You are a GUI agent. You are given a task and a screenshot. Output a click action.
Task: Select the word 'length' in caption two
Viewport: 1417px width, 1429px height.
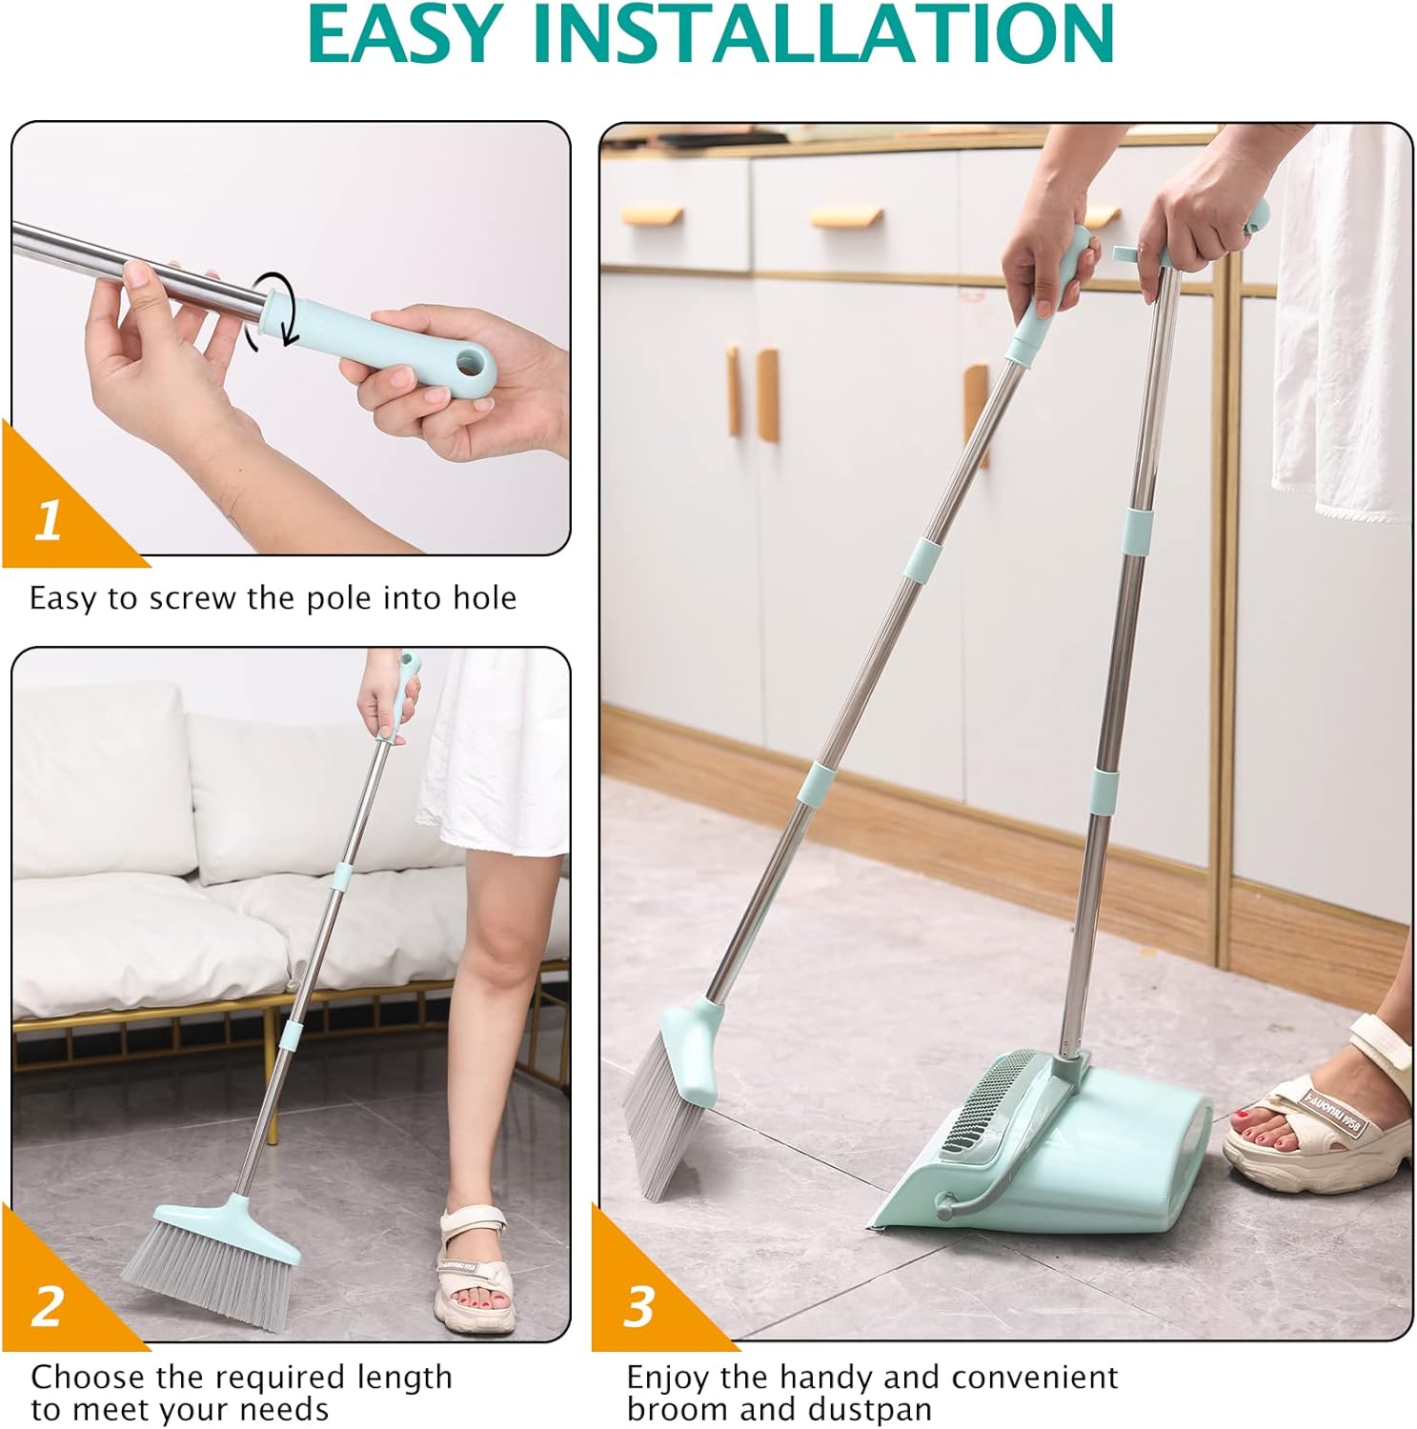coord(404,1378)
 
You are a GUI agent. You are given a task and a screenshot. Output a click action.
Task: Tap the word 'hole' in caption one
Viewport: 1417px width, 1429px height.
coord(484,597)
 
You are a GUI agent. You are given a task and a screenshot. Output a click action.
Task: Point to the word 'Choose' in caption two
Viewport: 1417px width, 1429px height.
coord(88,1378)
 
